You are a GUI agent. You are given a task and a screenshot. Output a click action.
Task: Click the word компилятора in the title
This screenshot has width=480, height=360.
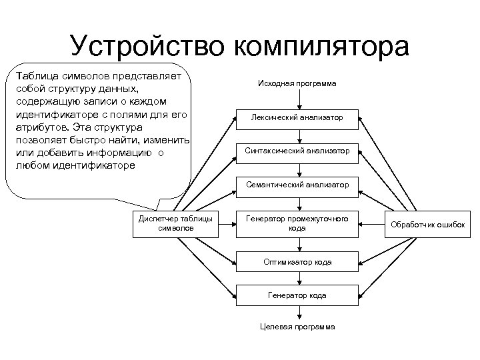(x=321, y=47)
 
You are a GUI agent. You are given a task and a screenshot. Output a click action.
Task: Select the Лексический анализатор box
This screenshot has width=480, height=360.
(x=297, y=117)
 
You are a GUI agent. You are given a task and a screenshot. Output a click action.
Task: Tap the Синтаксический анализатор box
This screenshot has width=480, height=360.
(x=297, y=151)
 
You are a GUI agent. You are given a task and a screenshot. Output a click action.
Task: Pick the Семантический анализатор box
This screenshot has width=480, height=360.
(x=297, y=184)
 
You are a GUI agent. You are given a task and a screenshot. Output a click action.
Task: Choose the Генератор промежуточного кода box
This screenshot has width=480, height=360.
(x=297, y=223)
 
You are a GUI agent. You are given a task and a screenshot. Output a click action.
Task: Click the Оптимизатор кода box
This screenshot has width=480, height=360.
(x=297, y=262)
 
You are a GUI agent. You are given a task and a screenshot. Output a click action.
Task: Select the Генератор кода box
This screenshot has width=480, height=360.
(x=297, y=295)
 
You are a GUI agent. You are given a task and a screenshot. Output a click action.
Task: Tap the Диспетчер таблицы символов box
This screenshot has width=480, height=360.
(x=175, y=223)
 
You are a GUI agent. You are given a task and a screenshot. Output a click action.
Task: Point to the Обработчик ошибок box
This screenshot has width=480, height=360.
(x=429, y=223)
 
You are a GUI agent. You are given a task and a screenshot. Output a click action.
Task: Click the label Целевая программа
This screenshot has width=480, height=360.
(x=297, y=327)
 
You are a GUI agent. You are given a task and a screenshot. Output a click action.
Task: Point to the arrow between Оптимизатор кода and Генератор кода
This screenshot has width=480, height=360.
(x=297, y=279)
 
